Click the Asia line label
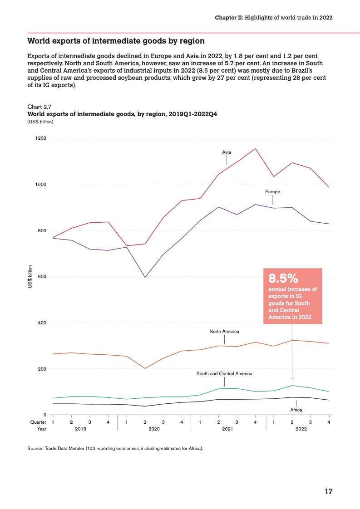227,152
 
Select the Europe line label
273,192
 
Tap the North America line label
224,332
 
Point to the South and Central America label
224,374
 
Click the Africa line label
296,410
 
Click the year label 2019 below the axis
81,429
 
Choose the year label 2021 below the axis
228,429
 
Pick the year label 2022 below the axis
301,429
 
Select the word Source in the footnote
35,449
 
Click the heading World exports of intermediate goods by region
116,41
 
